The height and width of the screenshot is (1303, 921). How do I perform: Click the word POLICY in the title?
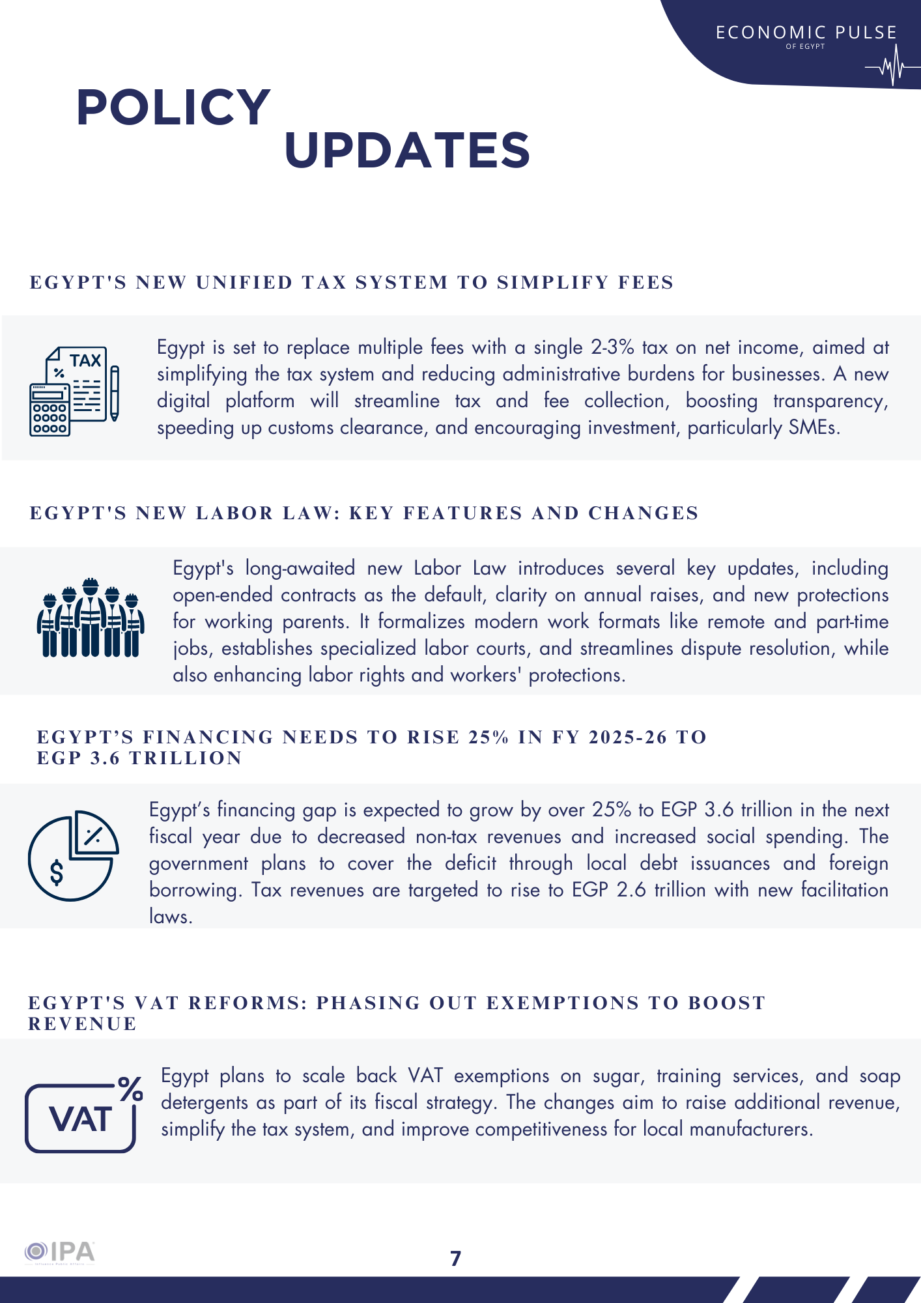173,107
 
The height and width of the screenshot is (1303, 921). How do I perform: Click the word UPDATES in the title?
407,150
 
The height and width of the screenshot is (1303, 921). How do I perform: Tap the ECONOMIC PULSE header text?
806,33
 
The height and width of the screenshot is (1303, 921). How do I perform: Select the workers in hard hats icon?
91,618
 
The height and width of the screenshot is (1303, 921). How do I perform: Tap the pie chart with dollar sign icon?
73,855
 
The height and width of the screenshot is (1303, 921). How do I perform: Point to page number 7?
456,1258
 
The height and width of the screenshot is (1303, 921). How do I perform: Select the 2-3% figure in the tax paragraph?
612,347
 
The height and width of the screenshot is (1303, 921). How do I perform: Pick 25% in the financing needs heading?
489,737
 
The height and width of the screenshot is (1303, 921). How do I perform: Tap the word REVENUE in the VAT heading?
83,1024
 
